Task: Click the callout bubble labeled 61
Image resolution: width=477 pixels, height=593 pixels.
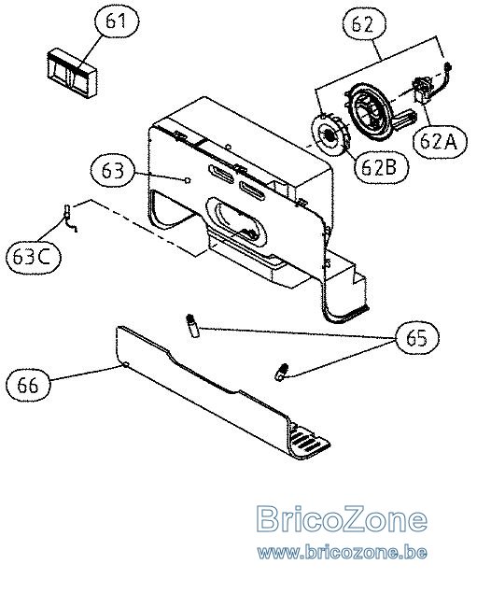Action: (115, 21)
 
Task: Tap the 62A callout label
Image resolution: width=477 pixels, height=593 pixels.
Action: (440, 142)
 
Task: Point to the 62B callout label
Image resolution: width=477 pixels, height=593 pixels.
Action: (382, 167)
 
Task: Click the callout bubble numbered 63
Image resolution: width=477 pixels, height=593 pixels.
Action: (113, 171)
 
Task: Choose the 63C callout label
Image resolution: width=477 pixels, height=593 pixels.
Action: (34, 257)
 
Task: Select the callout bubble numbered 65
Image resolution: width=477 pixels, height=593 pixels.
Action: (417, 338)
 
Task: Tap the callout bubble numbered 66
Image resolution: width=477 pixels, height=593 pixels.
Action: (28, 385)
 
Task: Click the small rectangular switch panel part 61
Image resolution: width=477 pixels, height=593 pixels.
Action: (72, 73)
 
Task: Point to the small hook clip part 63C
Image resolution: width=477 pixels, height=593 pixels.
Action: (70, 218)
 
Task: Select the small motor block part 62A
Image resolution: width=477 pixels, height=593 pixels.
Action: (423, 89)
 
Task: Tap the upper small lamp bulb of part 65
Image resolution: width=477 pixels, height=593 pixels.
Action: (193, 324)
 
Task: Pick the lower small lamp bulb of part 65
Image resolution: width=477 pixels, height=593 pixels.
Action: (281, 372)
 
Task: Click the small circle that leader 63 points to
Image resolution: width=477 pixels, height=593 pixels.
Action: (187, 180)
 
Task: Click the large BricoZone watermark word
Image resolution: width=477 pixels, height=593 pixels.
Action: (342, 519)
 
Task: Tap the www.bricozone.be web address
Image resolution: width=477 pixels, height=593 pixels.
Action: (343, 553)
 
